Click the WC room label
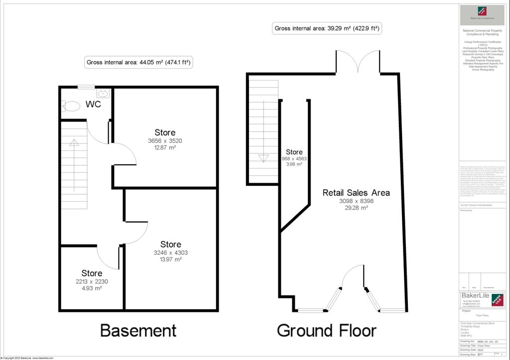[x=93, y=105]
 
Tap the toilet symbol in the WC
[x=71, y=106]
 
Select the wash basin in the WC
[x=103, y=93]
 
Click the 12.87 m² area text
[x=165, y=147]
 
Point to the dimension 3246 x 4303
[x=170, y=252]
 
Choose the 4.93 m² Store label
[x=92, y=273]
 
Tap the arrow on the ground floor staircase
[x=263, y=158]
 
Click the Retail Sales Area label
[x=356, y=193]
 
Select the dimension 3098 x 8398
[x=356, y=201]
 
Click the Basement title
[x=138, y=330]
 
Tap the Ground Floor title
[x=326, y=330]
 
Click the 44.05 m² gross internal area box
[x=139, y=63]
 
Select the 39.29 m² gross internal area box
[x=328, y=28]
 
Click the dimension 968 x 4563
[x=294, y=159]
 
